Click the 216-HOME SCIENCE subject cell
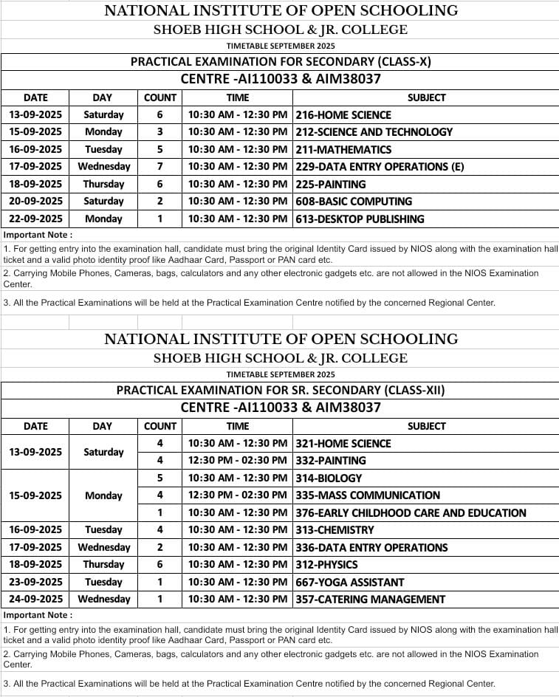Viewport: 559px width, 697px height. [343, 115]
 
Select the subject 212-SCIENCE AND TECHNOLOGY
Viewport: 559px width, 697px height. [374, 132]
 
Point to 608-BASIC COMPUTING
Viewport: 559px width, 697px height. [354, 202]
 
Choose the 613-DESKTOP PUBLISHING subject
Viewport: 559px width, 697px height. [360, 219]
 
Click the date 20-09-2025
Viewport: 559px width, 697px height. [35, 202]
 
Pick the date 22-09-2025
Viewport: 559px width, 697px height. [35, 219]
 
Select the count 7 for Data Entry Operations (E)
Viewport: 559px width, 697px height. [160, 167]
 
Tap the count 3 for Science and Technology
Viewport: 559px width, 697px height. [160, 132]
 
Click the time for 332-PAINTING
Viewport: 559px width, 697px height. [237, 461]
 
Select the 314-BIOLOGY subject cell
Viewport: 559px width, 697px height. [329, 478]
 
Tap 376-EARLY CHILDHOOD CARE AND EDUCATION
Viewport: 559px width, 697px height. [411, 513]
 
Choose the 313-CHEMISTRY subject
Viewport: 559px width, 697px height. [335, 530]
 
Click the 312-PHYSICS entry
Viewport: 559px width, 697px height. [326, 565]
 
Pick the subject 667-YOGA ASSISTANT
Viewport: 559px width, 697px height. [350, 583]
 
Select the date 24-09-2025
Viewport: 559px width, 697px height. [35, 600]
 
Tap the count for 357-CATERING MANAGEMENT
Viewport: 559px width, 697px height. [160, 600]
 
